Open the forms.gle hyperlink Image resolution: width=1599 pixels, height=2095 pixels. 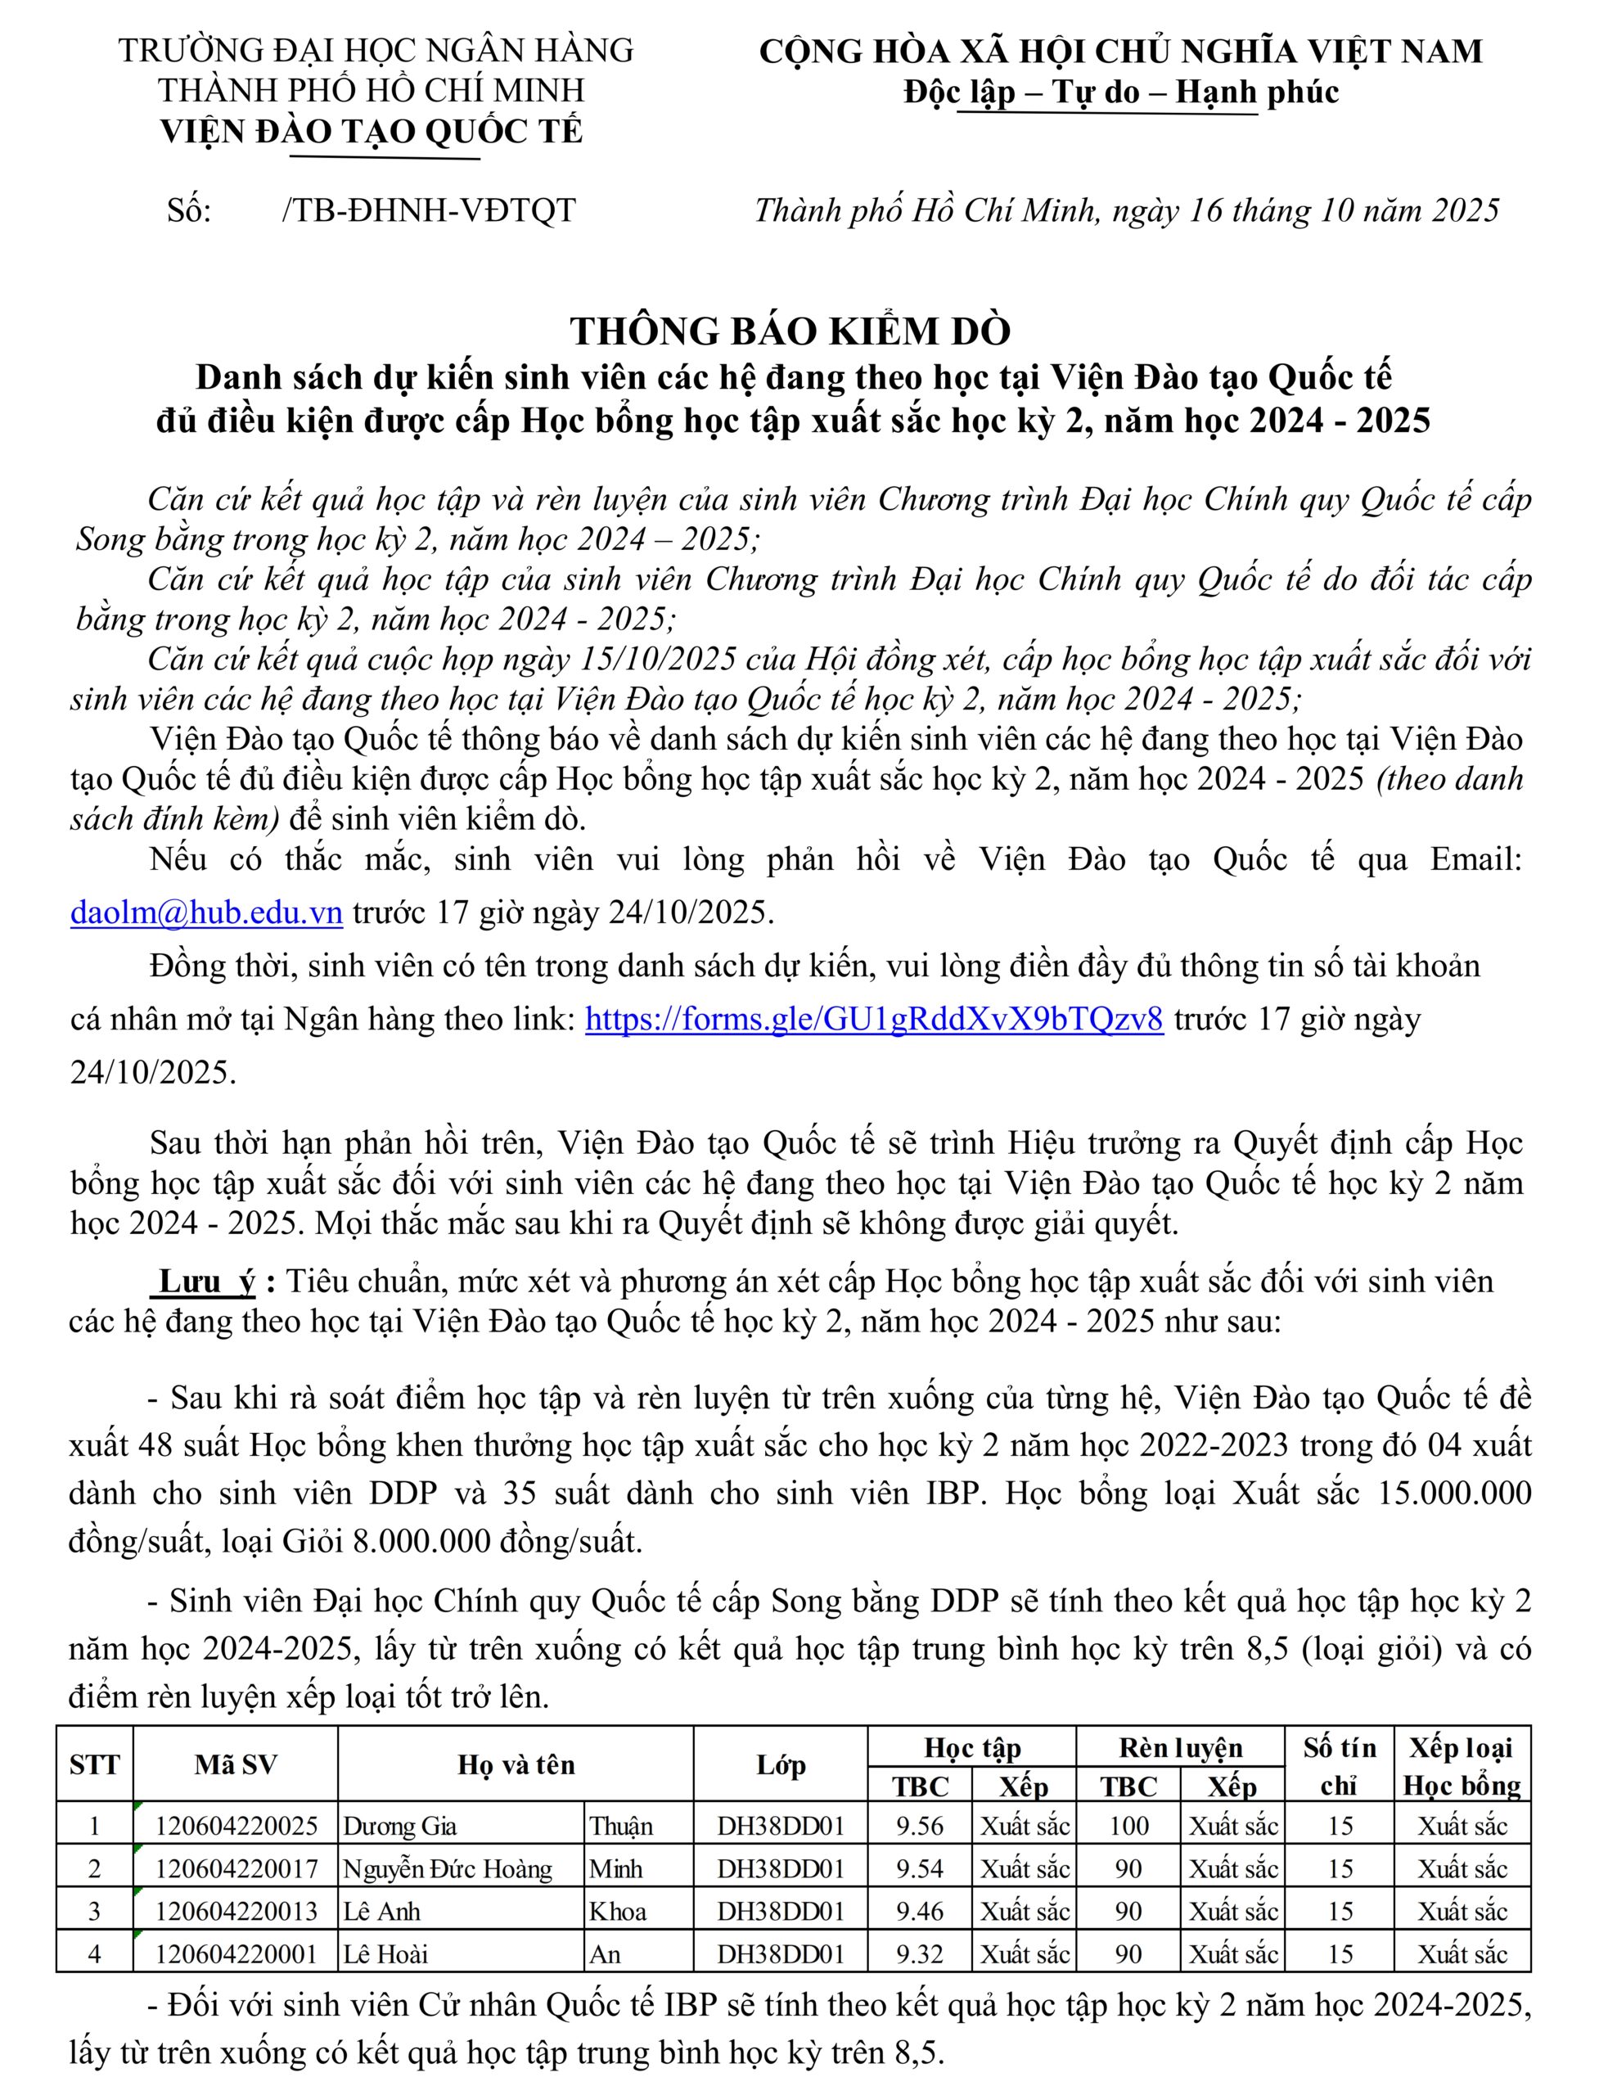874,1020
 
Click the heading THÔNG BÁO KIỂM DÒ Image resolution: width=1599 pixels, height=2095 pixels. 790,331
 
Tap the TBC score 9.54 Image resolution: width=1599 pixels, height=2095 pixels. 920,1868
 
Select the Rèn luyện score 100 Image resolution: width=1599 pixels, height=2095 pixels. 1128,1826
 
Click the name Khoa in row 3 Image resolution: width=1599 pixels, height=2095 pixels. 618,1912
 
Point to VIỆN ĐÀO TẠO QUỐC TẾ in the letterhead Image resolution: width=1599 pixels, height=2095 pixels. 372,132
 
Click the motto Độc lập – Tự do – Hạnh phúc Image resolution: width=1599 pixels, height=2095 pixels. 1120,92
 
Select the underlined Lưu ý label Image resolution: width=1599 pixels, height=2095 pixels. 206,1282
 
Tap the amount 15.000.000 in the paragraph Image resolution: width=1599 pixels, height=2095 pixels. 1454,1494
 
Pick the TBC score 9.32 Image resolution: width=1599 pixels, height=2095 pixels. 920,1954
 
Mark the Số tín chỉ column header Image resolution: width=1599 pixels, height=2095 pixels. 1339,1766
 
